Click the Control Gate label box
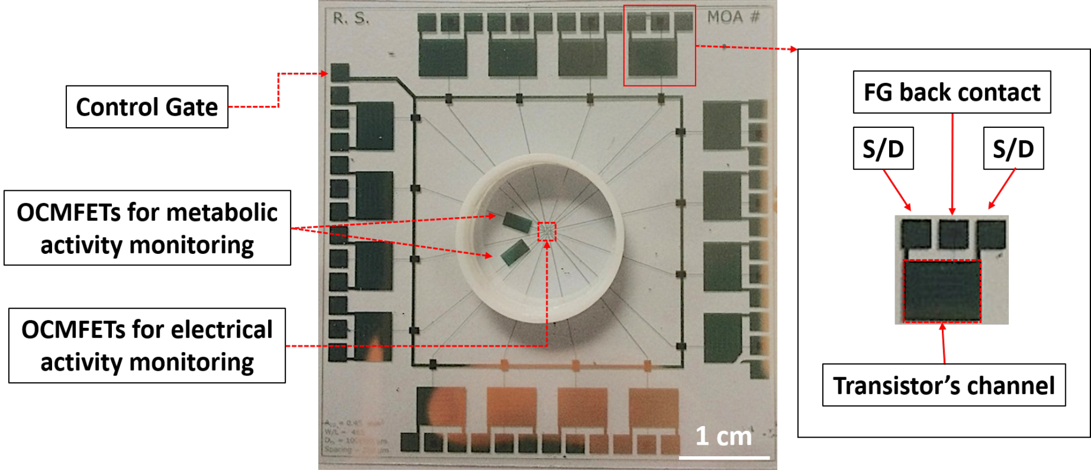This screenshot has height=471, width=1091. point(147,107)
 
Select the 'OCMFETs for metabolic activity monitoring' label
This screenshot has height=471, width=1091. point(147,228)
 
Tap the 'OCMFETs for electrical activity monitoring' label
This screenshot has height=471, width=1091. point(147,345)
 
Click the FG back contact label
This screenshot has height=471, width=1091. point(952,92)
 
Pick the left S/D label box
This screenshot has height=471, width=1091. point(883,149)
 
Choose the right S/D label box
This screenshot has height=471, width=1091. point(1013,149)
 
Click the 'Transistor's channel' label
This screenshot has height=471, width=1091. point(943,385)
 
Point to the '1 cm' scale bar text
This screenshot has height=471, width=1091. point(723,436)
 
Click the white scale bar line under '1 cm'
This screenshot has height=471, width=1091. point(724,457)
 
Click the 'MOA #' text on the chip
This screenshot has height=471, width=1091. point(733,18)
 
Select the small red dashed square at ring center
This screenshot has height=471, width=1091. point(546,231)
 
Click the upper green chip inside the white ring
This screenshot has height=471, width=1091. point(517,222)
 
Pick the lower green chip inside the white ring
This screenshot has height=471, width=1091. point(515,253)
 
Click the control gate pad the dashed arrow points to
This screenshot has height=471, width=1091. point(340,72)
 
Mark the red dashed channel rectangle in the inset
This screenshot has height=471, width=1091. point(942,291)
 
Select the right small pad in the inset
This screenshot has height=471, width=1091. point(991,234)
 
